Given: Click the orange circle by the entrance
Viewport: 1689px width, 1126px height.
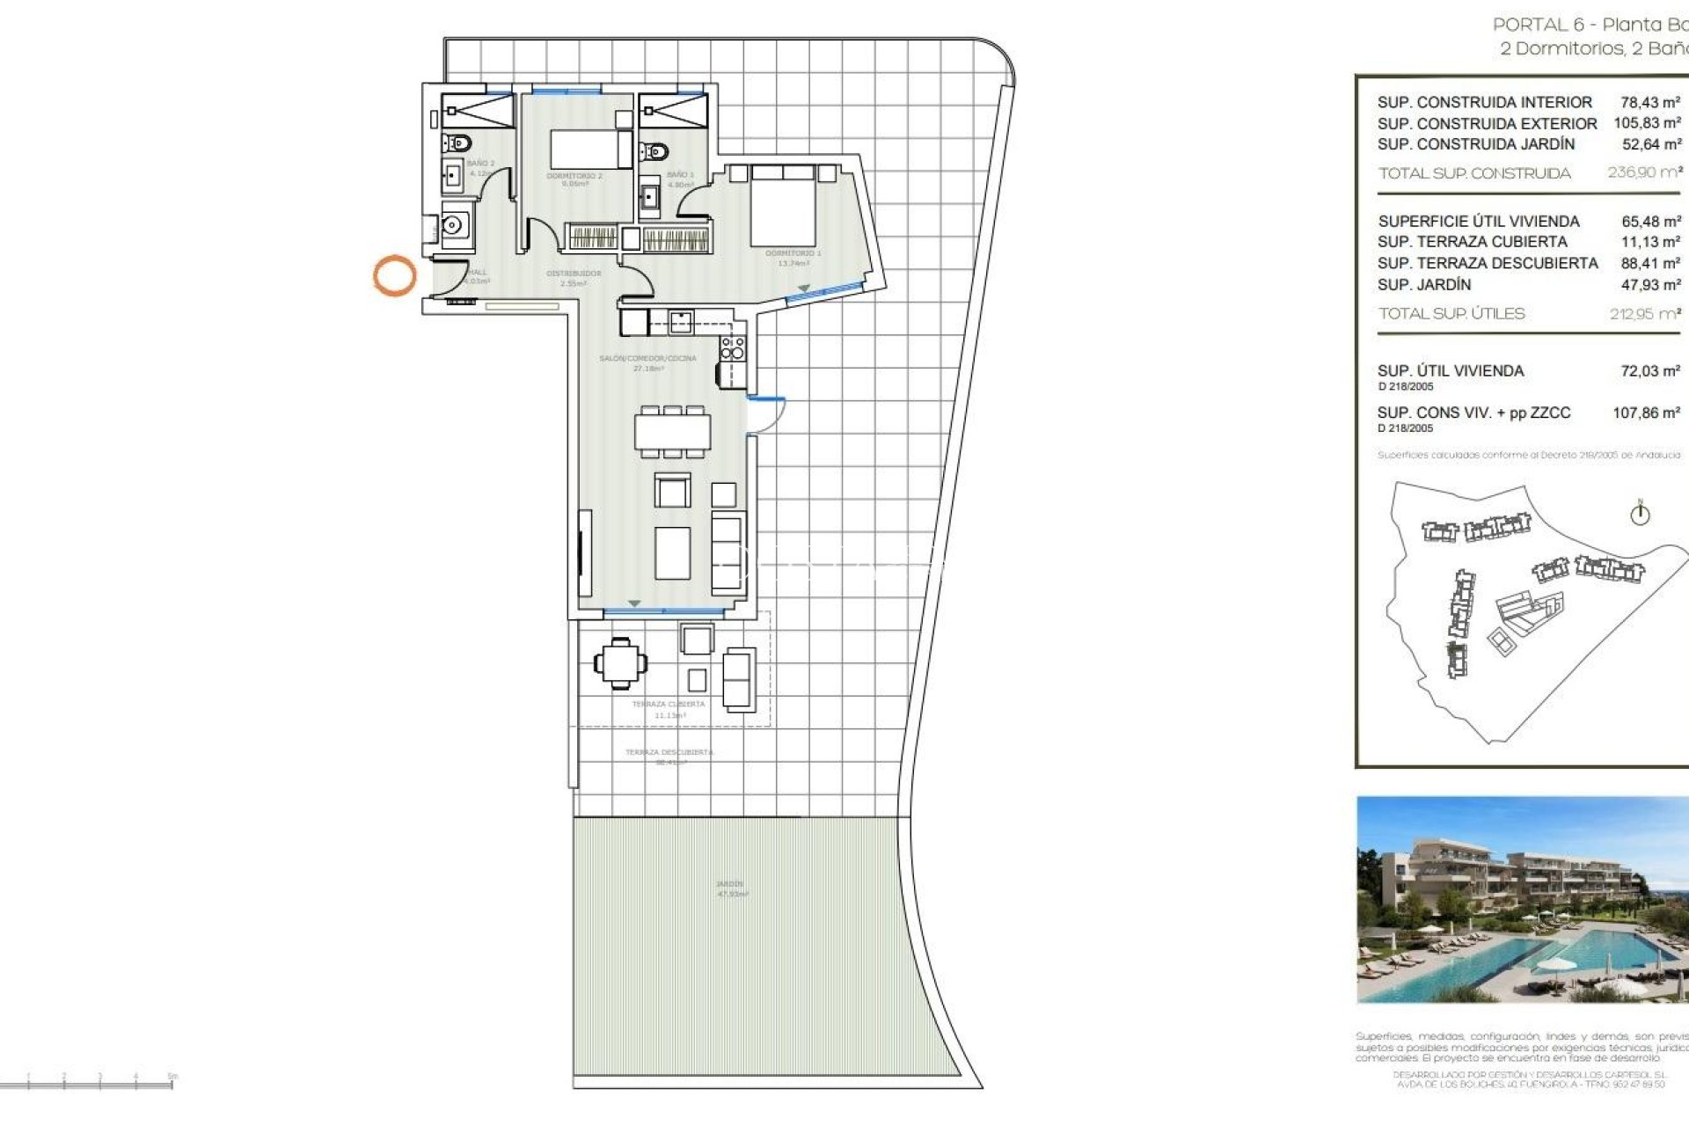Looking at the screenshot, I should [394, 275].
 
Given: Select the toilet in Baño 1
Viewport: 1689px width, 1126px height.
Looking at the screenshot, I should [653, 151].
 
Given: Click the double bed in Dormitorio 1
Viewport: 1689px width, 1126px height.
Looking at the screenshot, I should [782, 207].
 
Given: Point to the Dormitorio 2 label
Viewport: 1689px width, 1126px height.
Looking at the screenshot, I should [574, 177].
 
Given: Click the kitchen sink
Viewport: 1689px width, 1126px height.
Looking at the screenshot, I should [680, 321].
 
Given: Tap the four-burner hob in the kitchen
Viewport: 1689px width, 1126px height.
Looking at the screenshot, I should [733, 348].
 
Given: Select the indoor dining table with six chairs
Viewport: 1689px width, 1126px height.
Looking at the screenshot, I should [673, 432].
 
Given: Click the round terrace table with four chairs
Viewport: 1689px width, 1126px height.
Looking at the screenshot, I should [621, 662].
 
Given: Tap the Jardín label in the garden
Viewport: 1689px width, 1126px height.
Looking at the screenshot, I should [729, 884].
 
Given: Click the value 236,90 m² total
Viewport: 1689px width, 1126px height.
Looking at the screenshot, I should [1644, 172].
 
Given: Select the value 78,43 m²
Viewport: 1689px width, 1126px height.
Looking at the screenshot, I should [1650, 102].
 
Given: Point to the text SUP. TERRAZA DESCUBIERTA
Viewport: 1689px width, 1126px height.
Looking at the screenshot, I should [1488, 263].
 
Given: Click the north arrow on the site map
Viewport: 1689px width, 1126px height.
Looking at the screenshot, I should [1640, 513].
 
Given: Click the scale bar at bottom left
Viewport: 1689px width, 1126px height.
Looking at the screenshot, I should [88, 1083].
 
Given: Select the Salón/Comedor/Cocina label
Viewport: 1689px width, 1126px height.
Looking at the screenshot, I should [647, 359].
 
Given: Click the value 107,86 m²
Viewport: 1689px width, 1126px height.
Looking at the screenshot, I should [1646, 413].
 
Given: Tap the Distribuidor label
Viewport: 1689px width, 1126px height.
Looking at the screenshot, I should [574, 274].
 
